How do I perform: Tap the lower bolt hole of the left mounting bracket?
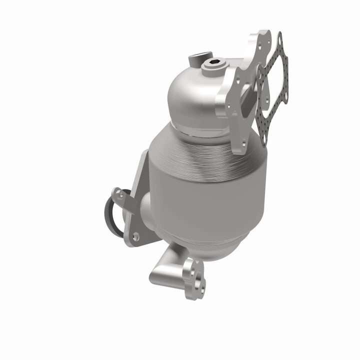pos(135,237)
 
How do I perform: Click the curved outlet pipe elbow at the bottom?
pos(167,267)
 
